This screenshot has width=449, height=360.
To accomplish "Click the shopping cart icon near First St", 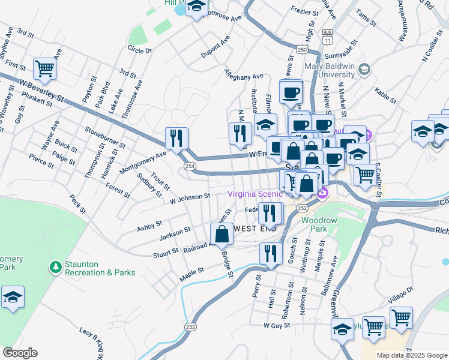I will click(44, 69).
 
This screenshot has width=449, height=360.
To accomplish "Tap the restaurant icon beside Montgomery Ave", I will click(176, 139).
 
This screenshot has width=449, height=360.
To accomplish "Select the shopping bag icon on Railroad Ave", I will click(222, 235).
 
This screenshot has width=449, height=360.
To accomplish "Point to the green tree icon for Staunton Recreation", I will click(55, 266).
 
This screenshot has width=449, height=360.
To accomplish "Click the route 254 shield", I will click(190, 166).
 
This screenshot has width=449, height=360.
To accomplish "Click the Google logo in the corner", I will click(20, 353).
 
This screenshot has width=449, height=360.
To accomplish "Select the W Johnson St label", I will click(189, 197).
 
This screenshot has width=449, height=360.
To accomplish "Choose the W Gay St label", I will click(277, 325).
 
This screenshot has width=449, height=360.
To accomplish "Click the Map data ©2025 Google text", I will click(411, 355).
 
